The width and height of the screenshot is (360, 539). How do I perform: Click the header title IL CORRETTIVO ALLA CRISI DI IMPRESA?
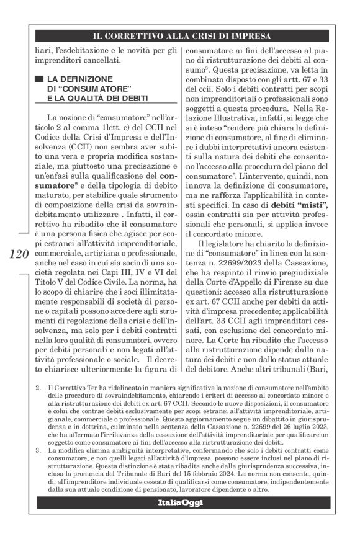click(x=180, y=36)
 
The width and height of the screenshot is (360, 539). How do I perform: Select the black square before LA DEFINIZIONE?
click(x=39, y=79)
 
